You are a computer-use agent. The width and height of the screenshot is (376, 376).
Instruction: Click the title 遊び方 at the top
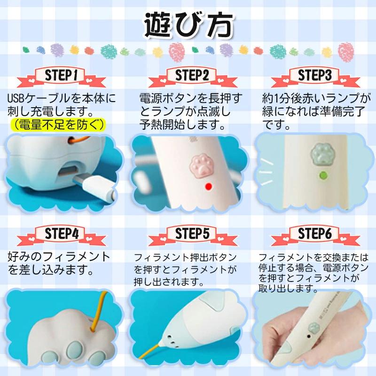(x=189, y=25)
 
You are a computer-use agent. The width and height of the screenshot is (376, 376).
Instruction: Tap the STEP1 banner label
(x=62, y=75)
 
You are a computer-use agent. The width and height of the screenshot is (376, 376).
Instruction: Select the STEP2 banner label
(x=192, y=75)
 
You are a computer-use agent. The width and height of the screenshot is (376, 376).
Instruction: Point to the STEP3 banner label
(x=315, y=75)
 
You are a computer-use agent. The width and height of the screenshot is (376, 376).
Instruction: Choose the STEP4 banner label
(x=62, y=233)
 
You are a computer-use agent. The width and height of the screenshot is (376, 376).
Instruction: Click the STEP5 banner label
(x=192, y=233)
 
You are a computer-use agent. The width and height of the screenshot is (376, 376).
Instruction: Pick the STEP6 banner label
(x=315, y=233)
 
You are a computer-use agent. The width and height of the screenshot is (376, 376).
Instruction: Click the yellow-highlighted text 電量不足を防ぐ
(x=58, y=125)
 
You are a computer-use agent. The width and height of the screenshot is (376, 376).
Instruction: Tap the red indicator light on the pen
(x=209, y=187)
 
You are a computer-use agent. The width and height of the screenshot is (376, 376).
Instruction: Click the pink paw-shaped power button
(x=202, y=165)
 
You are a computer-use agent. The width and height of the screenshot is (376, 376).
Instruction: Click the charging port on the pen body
(x=69, y=171)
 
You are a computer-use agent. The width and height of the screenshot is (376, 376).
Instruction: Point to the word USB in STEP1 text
(x=16, y=98)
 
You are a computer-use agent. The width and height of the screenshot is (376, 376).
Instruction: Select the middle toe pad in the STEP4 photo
(x=74, y=350)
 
